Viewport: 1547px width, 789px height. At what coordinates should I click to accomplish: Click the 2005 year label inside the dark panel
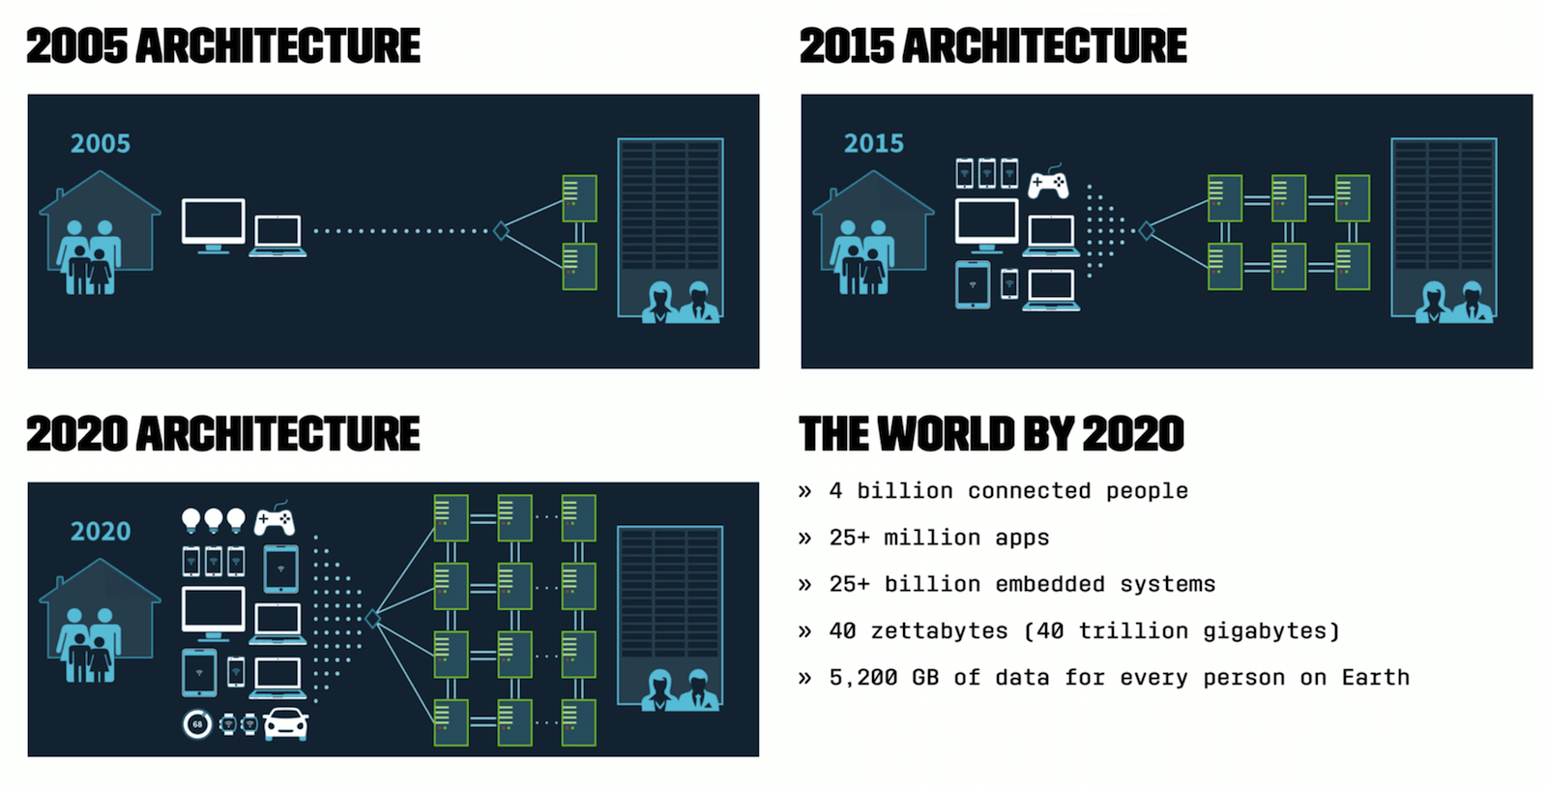pyautogui.click(x=101, y=143)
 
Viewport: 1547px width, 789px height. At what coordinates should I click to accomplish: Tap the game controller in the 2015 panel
pyautogui.click(x=1048, y=182)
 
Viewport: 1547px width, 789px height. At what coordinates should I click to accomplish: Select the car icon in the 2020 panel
pyautogui.click(x=286, y=724)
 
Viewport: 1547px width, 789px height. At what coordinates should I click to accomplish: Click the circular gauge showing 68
pyautogui.click(x=197, y=724)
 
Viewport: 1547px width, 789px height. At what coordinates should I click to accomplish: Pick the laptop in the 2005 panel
pyautogui.click(x=277, y=236)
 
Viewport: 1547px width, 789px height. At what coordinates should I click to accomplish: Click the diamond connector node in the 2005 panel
pyautogui.click(x=501, y=231)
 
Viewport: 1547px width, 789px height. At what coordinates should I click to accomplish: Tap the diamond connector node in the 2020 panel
pyautogui.click(x=372, y=619)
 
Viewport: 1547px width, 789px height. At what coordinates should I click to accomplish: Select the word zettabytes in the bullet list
pyautogui.click(x=939, y=630)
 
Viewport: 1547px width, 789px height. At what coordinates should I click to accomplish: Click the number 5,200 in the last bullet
pyautogui.click(x=863, y=678)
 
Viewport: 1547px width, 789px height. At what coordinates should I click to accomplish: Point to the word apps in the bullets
pyautogui.click(x=1022, y=538)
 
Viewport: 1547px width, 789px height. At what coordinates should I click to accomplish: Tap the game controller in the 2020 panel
pyautogui.click(x=275, y=519)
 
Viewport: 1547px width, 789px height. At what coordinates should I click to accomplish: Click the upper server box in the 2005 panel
pyautogui.click(x=579, y=198)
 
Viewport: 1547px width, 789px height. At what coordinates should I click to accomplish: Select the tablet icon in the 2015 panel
pyautogui.click(x=973, y=284)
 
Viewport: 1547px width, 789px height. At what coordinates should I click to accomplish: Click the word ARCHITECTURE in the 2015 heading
pyautogui.click(x=1045, y=46)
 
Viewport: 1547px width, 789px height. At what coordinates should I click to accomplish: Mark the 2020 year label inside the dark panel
pyautogui.click(x=101, y=531)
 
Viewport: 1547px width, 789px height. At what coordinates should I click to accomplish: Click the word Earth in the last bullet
pyautogui.click(x=1375, y=678)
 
